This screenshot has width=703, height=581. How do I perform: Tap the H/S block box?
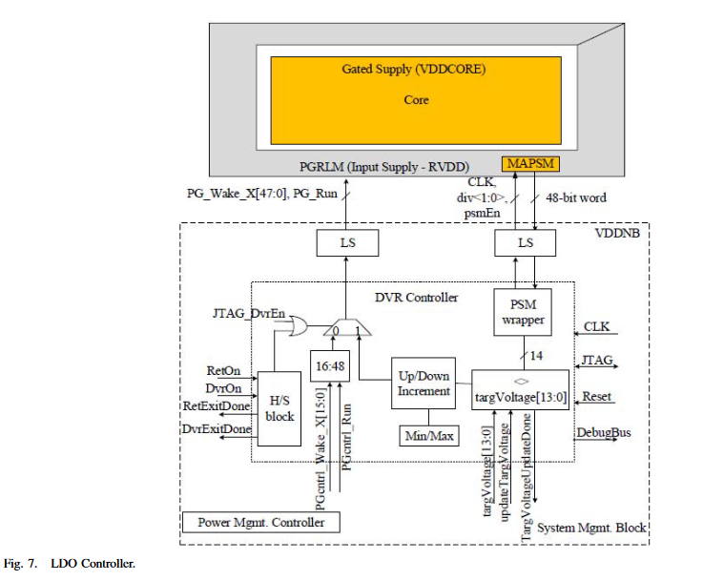281,407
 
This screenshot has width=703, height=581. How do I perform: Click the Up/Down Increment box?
424,383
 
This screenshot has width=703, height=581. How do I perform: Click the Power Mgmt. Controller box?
260,522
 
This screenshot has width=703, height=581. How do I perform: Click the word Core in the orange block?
416,100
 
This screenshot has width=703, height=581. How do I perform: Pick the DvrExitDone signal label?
217,430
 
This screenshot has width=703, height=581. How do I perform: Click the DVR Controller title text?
420,297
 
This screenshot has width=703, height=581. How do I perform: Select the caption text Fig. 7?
23,564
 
